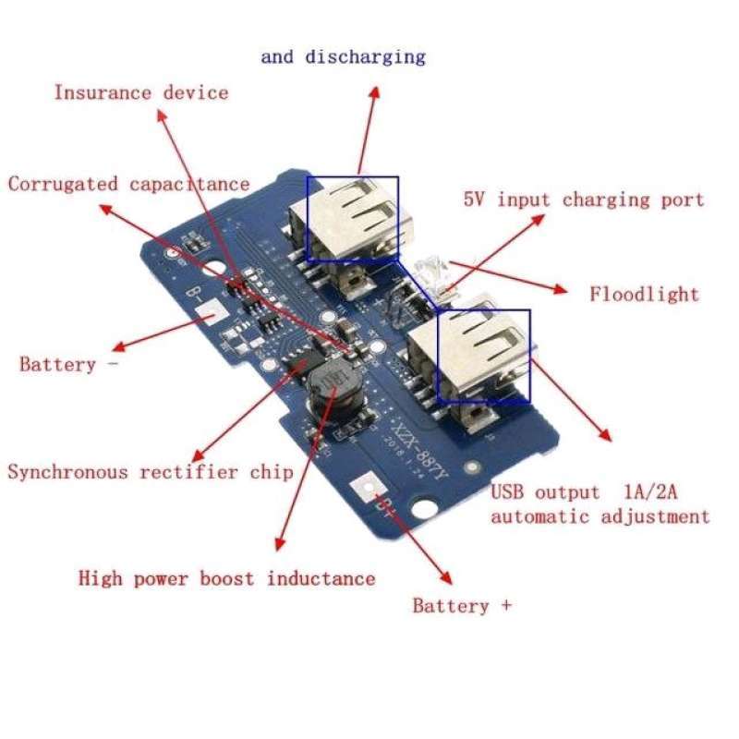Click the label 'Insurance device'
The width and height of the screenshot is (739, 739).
click(140, 92)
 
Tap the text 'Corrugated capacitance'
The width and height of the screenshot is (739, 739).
click(128, 184)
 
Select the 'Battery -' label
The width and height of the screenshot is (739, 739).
click(69, 364)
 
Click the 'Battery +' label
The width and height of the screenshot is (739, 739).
click(462, 606)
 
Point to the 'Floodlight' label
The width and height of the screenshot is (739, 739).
click(644, 295)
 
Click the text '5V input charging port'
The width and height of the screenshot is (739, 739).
click(583, 200)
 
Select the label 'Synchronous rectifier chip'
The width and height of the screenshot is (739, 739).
click(151, 472)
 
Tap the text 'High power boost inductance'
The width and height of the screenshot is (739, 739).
click(226, 579)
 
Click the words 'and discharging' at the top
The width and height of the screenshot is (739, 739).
click(343, 56)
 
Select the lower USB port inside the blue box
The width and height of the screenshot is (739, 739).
click(482, 355)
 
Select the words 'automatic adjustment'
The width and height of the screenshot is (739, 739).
click(600, 516)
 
